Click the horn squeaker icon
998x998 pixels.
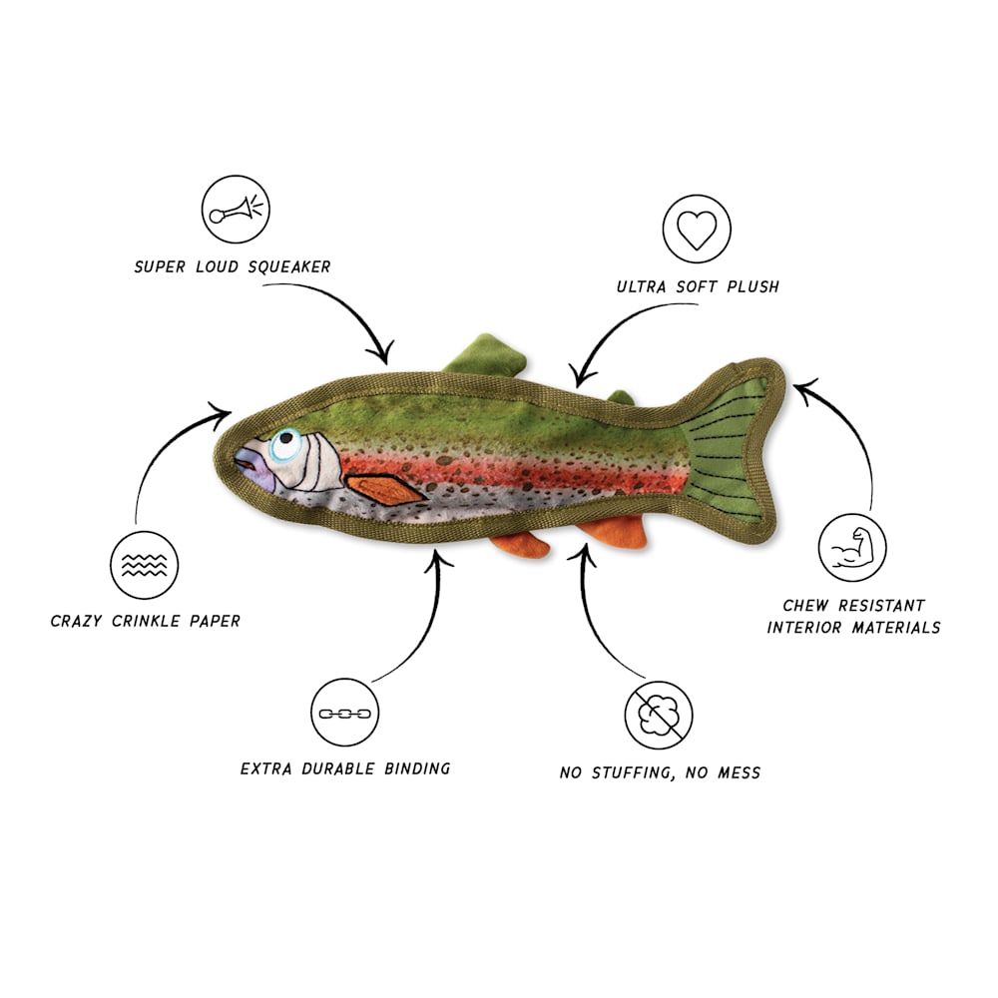(x=236, y=209)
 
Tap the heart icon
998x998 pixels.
(x=697, y=229)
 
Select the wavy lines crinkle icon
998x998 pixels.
(x=144, y=565)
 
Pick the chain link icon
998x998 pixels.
(x=344, y=713)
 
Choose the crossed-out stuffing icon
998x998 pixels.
(x=658, y=715)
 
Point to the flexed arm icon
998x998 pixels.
(x=851, y=547)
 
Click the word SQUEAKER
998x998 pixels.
(x=289, y=266)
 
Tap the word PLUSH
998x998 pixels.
(x=752, y=287)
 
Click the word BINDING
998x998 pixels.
(x=417, y=768)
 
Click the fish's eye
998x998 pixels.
(x=285, y=443)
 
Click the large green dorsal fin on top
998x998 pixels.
(x=486, y=354)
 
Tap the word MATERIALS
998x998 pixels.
(x=896, y=628)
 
